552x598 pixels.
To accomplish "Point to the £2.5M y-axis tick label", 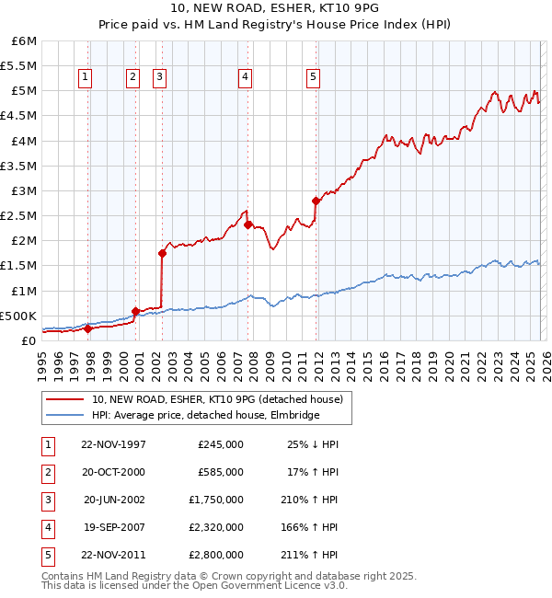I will pos(18,215).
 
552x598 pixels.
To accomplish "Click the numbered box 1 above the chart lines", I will pos(86,78).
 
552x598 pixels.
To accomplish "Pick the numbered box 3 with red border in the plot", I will pos(160,78).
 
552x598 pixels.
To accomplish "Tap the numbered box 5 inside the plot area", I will pos(314,78).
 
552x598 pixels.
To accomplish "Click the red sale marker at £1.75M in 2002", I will pos(162,252).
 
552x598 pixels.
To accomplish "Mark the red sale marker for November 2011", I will pos(316,200).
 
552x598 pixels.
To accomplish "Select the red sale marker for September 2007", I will pos(248,224).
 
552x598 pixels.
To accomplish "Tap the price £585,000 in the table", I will pos(221,472).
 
